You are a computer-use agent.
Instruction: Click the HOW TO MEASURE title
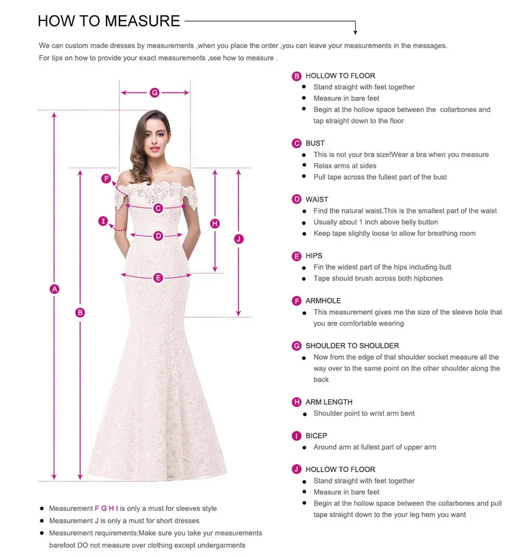109,21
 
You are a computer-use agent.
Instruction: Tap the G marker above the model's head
155,93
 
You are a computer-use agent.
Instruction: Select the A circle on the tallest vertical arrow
54,289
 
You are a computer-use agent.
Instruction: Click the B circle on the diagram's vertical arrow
80,312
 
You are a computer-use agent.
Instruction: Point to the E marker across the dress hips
158,277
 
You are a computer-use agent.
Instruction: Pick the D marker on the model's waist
158,236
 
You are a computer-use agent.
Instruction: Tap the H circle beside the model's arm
215,224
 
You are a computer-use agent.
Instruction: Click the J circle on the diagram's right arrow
238,239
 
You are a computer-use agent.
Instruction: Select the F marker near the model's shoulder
106,179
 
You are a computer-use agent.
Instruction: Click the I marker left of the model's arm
103,222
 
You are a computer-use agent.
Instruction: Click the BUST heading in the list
315,143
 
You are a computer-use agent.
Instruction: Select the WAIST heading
316,199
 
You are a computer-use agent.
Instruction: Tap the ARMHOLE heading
323,301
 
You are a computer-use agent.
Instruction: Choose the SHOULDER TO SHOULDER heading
352,346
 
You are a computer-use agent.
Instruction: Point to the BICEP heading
316,436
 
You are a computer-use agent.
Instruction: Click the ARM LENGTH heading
329,402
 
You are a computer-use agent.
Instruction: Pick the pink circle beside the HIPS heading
297,256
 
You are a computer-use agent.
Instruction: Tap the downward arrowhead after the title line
355,32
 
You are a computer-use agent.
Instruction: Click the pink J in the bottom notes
97,521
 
